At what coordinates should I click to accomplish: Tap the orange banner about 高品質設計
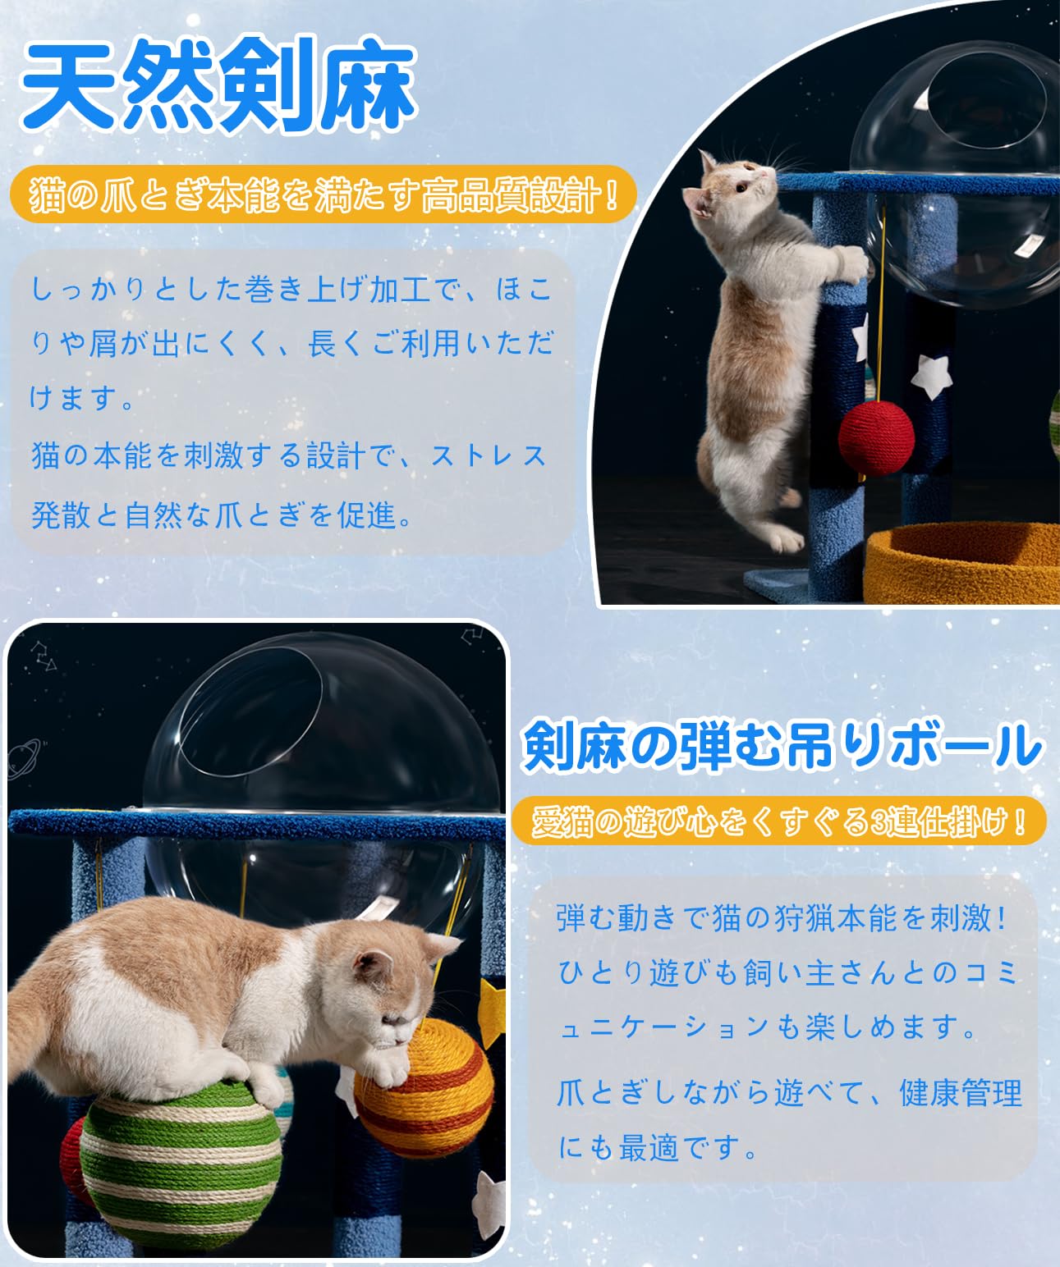[x=324, y=196]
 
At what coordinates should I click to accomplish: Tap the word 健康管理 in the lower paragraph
[x=961, y=1093]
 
